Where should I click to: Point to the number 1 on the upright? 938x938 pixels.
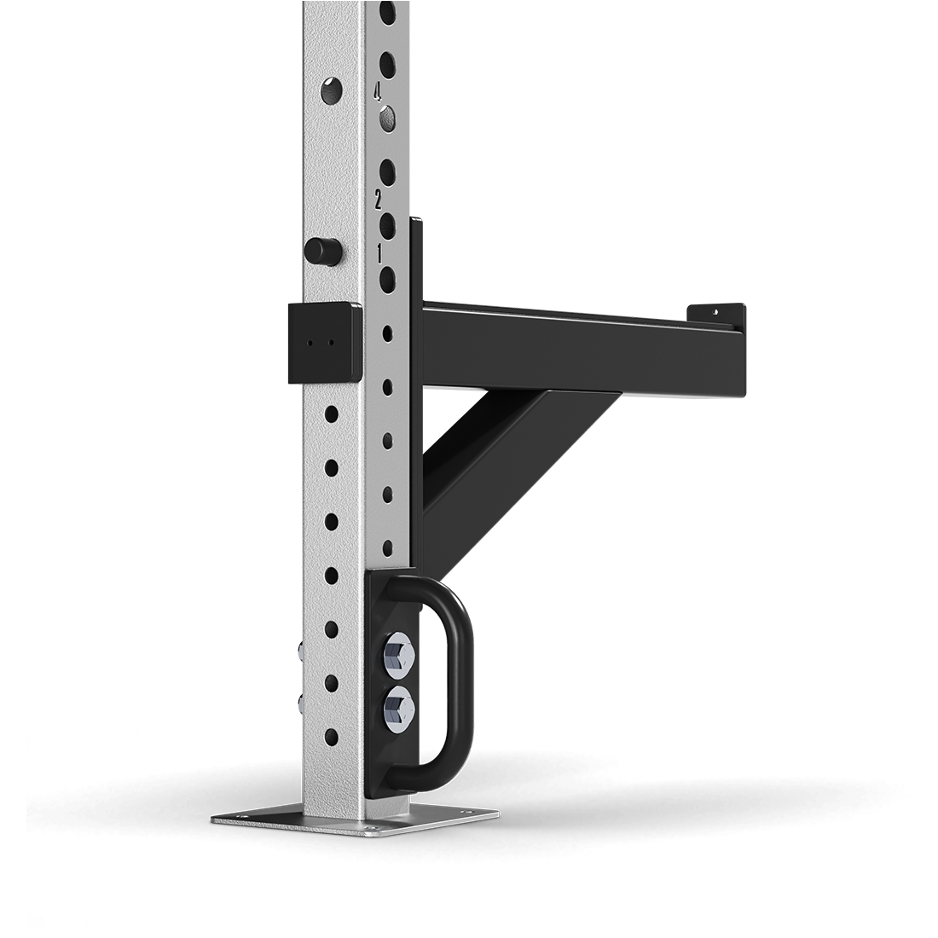379,254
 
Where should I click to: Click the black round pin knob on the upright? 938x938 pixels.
321,250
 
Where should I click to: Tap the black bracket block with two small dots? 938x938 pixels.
325,341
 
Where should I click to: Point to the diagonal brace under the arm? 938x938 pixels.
503,478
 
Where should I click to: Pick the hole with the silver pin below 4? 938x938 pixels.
388,115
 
